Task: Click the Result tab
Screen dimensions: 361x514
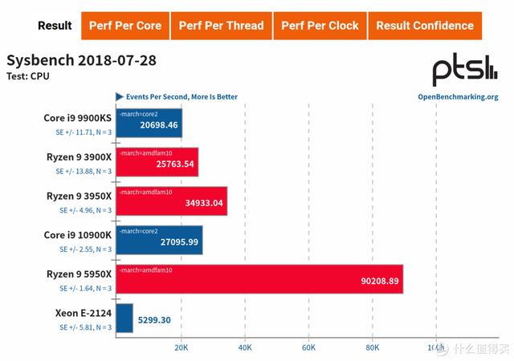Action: pos(55,26)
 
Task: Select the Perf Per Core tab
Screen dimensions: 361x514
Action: pos(124,26)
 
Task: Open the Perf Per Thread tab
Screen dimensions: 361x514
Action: pos(221,26)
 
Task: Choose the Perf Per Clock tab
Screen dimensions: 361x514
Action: pos(320,26)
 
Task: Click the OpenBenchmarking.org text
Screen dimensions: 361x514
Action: pos(458,97)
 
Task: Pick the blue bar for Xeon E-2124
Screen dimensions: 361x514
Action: pos(124,318)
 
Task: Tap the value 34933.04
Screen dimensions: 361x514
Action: pos(204,204)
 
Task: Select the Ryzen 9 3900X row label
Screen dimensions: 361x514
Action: pos(78,157)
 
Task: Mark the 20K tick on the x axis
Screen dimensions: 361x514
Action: pos(182,348)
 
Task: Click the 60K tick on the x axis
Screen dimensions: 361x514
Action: pos(309,348)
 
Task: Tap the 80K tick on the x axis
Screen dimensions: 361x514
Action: pos(373,348)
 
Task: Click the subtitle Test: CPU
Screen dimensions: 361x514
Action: pos(28,77)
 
